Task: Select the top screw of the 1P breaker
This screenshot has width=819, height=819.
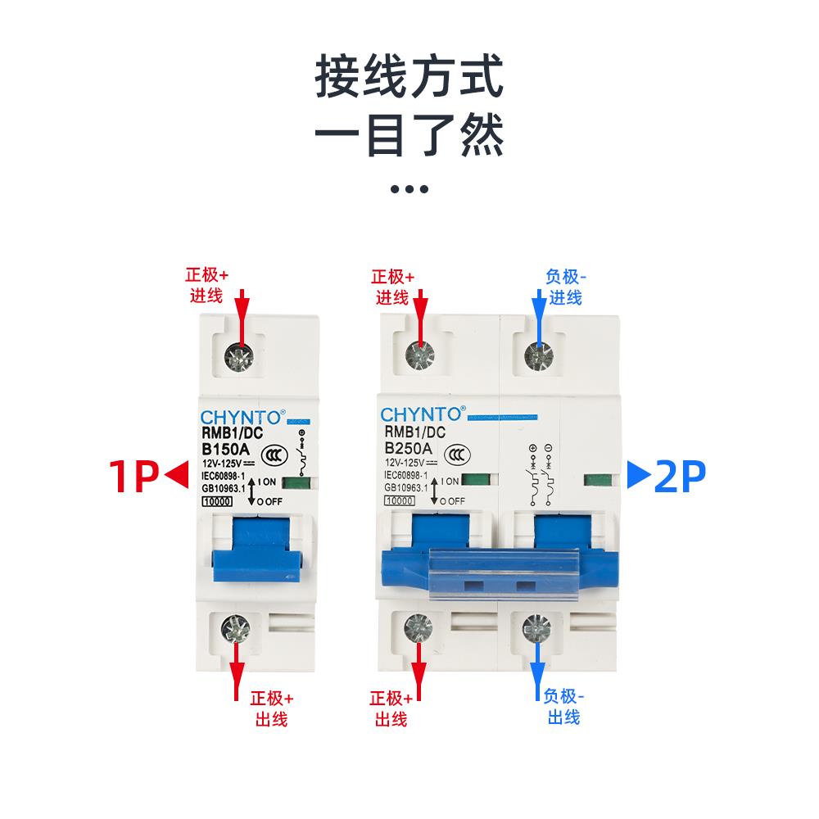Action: (241, 355)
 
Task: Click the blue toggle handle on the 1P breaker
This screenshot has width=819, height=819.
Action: (257, 550)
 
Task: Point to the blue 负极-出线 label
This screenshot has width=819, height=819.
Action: (563, 706)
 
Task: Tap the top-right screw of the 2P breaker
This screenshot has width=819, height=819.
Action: (538, 355)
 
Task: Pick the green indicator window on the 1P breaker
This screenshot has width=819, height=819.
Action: (301, 482)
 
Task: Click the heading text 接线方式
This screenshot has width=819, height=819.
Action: (409, 79)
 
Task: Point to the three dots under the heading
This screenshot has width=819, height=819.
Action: (409, 189)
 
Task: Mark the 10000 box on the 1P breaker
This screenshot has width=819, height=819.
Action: (216, 501)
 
